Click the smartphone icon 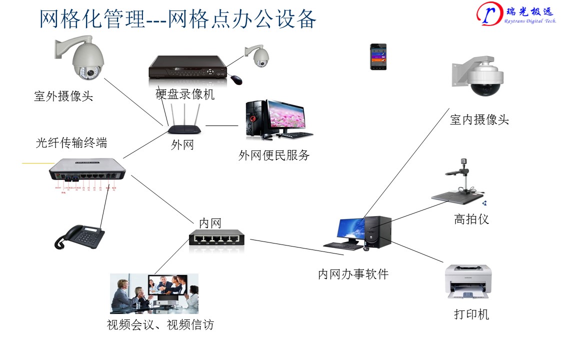pyautogui.click(x=378, y=56)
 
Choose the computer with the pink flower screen pyautogui.click(x=277, y=119)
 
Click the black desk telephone pyautogui.click(x=80, y=236)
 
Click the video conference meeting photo pyautogui.click(x=154, y=293)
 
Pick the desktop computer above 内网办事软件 pyautogui.click(x=359, y=233)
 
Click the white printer pyautogui.click(x=468, y=281)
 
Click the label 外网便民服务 pyautogui.click(x=274, y=155)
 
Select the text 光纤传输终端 pyautogui.click(x=71, y=142)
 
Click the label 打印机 pyautogui.click(x=471, y=314)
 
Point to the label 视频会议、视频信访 pyautogui.click(x=160, y=325)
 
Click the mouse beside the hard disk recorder pyautogui.click(x=235, y=79)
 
